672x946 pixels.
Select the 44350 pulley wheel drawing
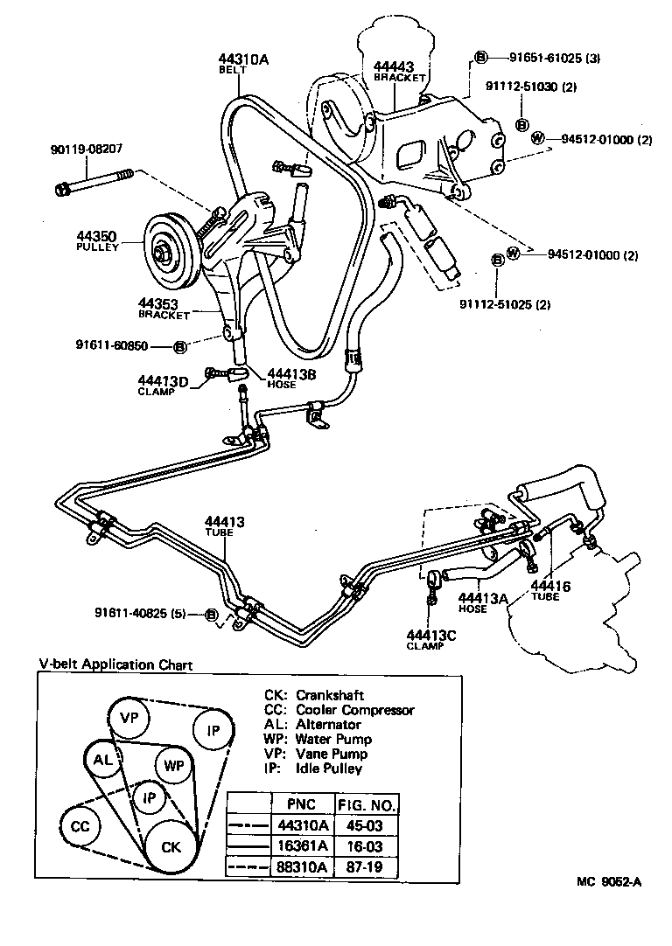pos(166,250)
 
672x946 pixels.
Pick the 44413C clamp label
pos(431,639)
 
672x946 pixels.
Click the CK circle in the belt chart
pos(171,846)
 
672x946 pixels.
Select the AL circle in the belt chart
pos(103,760)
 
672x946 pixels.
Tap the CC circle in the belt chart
pos(80,826)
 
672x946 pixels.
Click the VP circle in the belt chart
pos(129,718)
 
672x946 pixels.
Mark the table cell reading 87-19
pos(366,867)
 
